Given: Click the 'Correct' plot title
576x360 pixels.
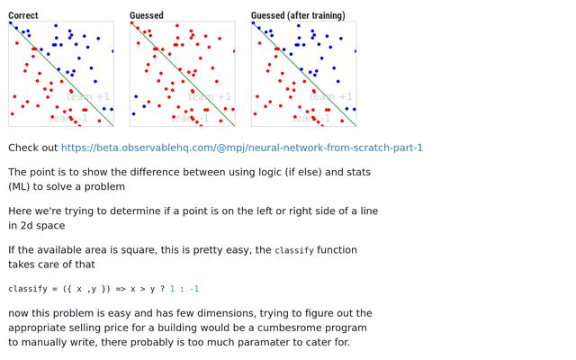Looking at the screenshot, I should (22, 15).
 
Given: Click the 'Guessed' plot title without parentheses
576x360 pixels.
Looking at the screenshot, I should (147, 15).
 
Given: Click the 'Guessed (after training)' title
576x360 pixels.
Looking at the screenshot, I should (298, 15).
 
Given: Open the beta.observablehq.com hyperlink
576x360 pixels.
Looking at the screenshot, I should (242, 148).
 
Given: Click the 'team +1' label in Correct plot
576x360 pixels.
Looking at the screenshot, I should (89, 97).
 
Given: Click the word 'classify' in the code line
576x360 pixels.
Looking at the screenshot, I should (27, 289).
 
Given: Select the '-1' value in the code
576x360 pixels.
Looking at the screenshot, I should (194, 289).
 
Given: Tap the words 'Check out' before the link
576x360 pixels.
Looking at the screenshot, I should (32, 148).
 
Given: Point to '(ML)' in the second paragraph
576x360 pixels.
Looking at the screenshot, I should (22, 186).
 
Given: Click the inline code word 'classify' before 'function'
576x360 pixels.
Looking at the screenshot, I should (293, 250).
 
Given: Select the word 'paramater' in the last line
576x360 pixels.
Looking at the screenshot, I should (247, 342).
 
